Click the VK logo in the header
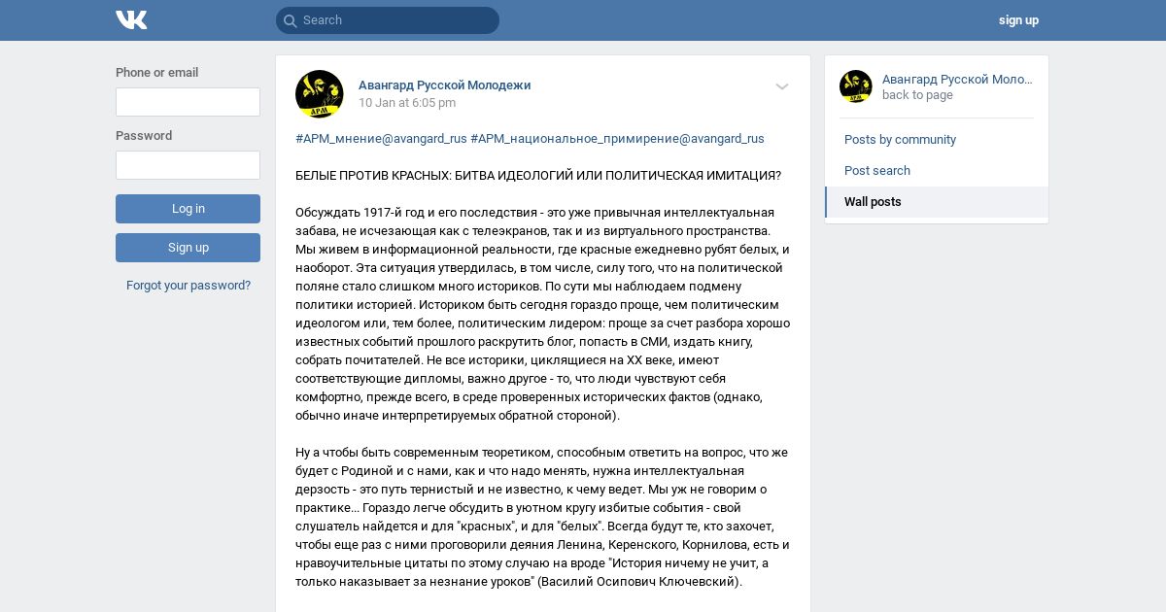[131, 20]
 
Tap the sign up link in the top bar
[1018, 20]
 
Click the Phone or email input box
[188, 102]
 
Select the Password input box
[188, 165]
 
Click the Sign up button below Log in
[188, 248]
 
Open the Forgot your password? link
[189, 286]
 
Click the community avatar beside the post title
[319, 94]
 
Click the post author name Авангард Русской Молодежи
[444, 85]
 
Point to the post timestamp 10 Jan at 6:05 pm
[407, 103]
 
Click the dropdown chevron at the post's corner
[782, 87]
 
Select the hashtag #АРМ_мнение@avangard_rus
[381, 139]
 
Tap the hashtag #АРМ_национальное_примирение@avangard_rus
[617, 139]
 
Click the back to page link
[917, 95]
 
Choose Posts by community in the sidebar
[900, 140]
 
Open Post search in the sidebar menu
[877, 171]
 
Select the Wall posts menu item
[873, 202]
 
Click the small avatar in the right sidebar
[856, 86]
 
